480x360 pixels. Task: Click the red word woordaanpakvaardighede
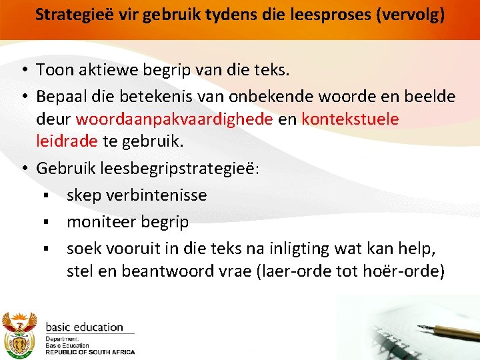tap(175, 119)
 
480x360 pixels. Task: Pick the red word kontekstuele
tap(351, 119)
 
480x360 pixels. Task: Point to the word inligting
tap(302, 249)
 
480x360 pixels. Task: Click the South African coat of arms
tap(19, 333)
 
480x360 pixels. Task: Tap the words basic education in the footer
tap(84, 327)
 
